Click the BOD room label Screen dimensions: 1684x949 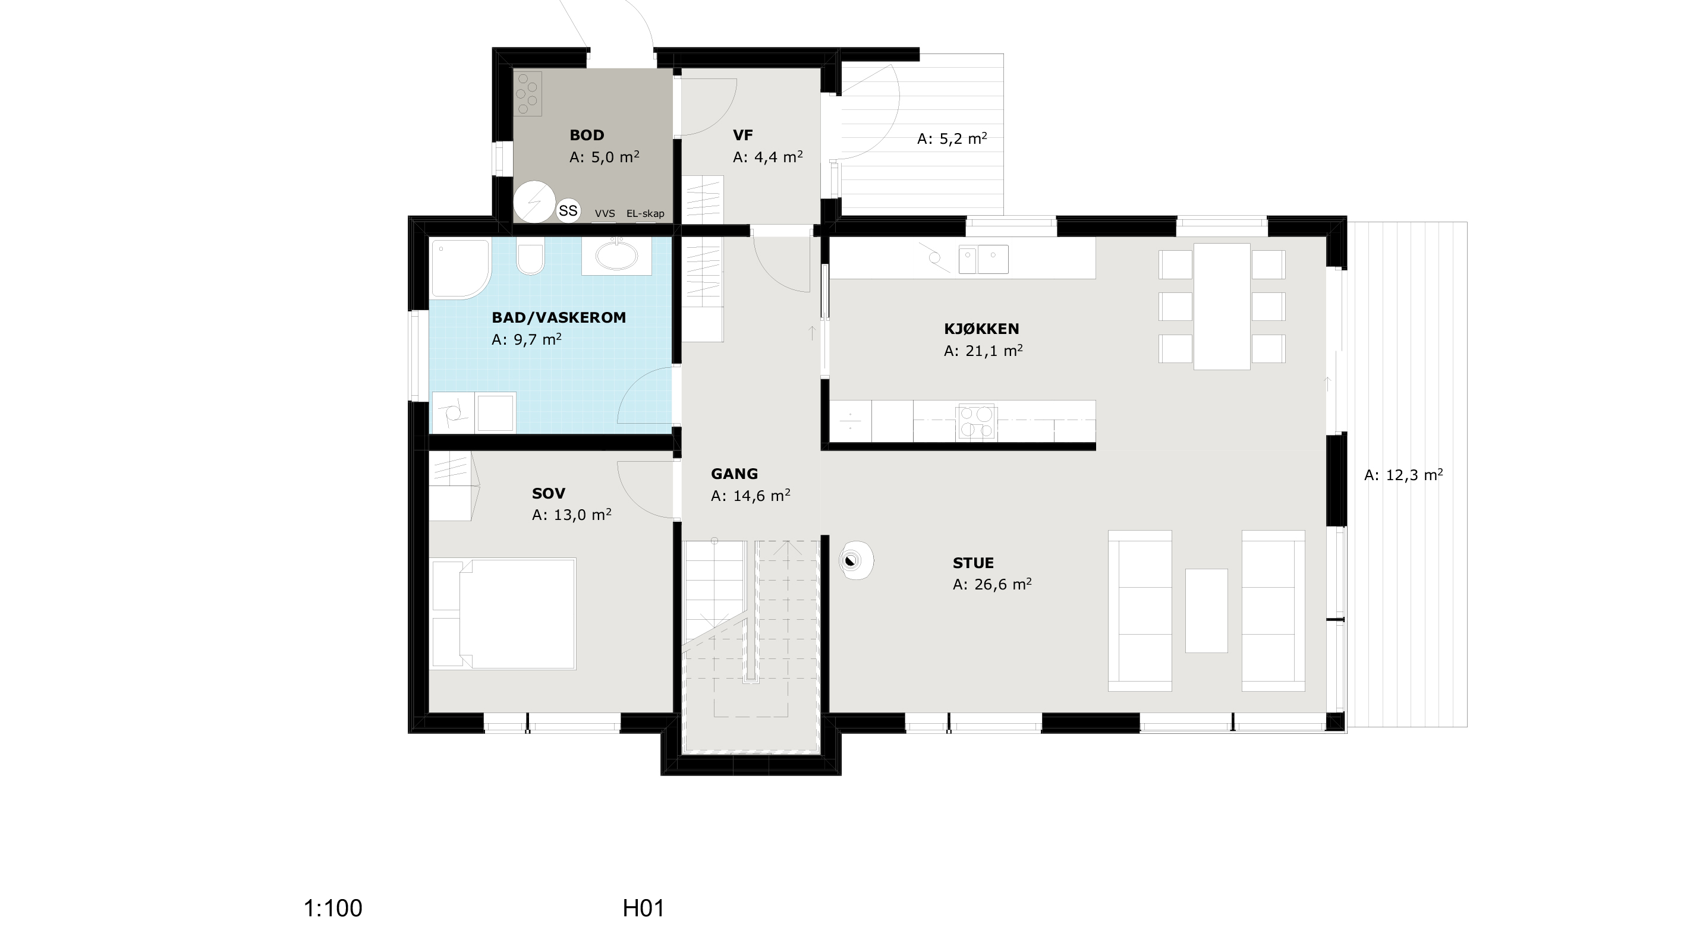[586, 135]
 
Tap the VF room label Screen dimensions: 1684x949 [742, 135]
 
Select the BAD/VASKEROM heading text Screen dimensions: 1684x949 [559, 318]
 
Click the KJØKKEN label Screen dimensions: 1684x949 [981, 329]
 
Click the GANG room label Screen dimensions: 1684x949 [734, 474]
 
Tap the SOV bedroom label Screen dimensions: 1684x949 [549, 493]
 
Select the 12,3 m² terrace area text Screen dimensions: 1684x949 [1403, 475]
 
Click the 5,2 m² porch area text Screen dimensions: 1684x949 [952, 138]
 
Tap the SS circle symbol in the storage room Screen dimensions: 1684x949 [568, 210]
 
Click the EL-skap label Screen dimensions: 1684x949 [645, 213]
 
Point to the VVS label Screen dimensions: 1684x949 [605, 213]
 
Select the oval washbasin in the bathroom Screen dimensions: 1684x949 [616, 257]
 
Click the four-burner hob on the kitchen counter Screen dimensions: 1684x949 [976, 421]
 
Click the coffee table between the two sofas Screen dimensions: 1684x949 [1206, 610]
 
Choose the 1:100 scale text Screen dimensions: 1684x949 [333, 909]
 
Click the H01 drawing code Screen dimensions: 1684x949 [643, 909]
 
